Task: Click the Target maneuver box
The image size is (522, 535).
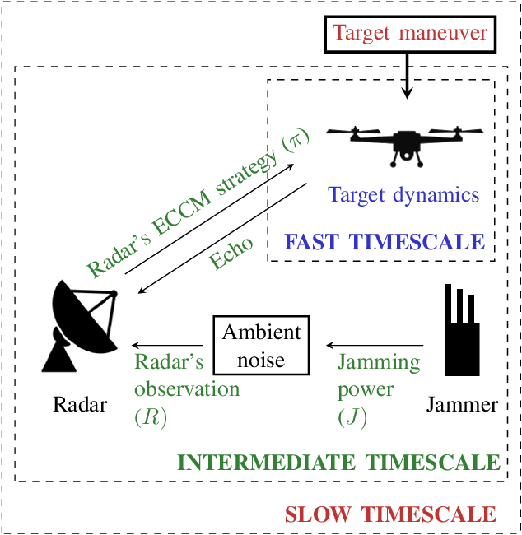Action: [410, 35]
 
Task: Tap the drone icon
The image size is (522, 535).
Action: [403, 144]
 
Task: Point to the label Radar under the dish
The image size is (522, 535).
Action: [80, 405]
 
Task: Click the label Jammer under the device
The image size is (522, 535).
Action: [463, 405]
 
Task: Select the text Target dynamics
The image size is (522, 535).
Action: [403, 195]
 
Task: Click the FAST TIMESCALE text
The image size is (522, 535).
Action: [385, 242]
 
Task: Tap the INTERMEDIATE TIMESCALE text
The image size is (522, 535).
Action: [339, 461]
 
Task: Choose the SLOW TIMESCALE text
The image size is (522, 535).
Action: [390, 515]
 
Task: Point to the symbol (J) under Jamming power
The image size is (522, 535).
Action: [352, 417]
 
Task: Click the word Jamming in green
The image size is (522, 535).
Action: [379, 363]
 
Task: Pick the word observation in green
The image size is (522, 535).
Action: [187, 389]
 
